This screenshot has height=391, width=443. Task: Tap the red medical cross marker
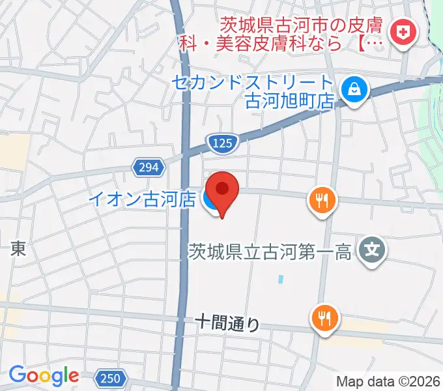402,33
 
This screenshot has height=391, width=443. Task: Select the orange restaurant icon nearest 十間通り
324,318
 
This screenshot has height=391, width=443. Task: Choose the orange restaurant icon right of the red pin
322,201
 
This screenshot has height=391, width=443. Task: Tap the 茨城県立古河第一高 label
269,252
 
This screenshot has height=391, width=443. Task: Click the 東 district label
18,249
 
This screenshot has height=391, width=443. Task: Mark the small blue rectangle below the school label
280,279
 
